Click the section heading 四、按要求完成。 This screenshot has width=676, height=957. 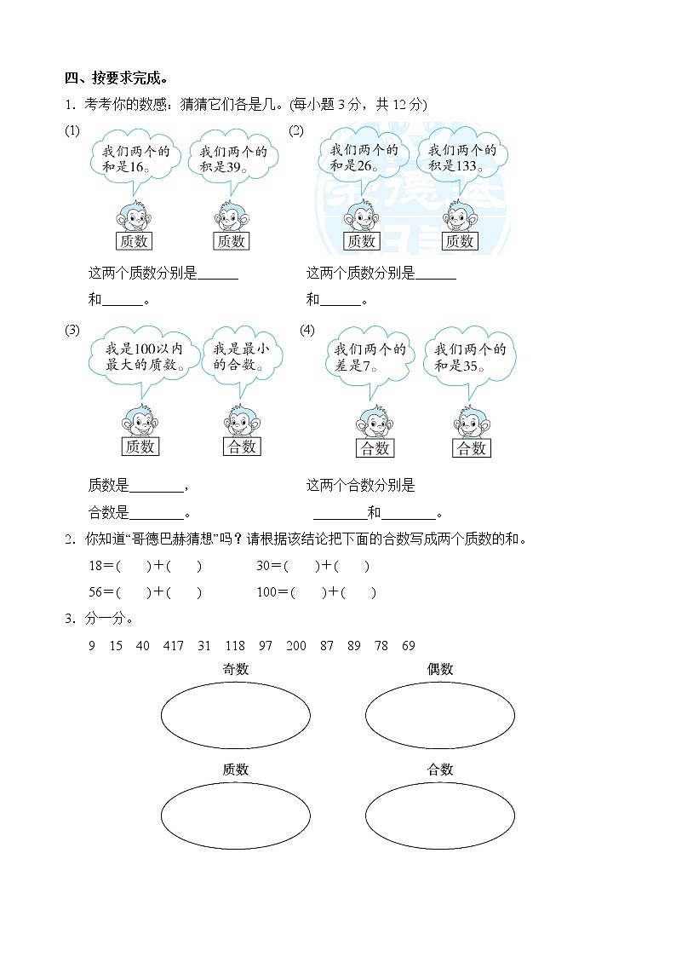coord(112,78)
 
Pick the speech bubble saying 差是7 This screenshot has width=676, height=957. coord(369,358)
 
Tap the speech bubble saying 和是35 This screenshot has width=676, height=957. coord(469,358)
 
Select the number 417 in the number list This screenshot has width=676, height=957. coord(173,646)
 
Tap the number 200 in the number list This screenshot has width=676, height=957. coord(295,646)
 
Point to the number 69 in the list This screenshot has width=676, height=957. coord(408,646)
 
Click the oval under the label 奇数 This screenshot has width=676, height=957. coord(236,716)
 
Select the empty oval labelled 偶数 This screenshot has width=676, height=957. coord(440,716)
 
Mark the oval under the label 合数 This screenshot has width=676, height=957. coord(440,816)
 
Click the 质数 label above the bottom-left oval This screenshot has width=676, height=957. coord(236,770)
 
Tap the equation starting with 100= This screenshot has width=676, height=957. coord(315,592)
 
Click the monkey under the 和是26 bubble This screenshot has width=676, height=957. coord(361,216)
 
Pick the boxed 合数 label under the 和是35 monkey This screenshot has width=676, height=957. coord(471,448)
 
